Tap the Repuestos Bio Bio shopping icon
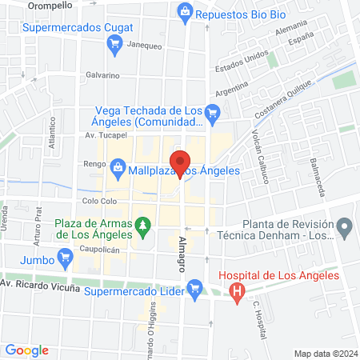tap(186, 12)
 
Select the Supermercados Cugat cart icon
tap(115, 45)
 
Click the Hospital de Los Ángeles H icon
tap(236, 292)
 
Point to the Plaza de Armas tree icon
tap(143, 228)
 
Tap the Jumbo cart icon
tap(66, 259)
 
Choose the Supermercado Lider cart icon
tap(193, 286)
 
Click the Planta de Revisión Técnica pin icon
tap(345, 230)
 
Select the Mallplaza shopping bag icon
tap(118, 169)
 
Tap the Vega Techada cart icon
tap(212, 114)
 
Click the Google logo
tap(27, 350)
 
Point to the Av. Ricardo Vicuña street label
tap(39, 285)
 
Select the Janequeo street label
tap(145, 46)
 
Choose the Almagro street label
tap(182, 249)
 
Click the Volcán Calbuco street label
tap(259, 154)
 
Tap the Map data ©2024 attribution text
tap(324, 353)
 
